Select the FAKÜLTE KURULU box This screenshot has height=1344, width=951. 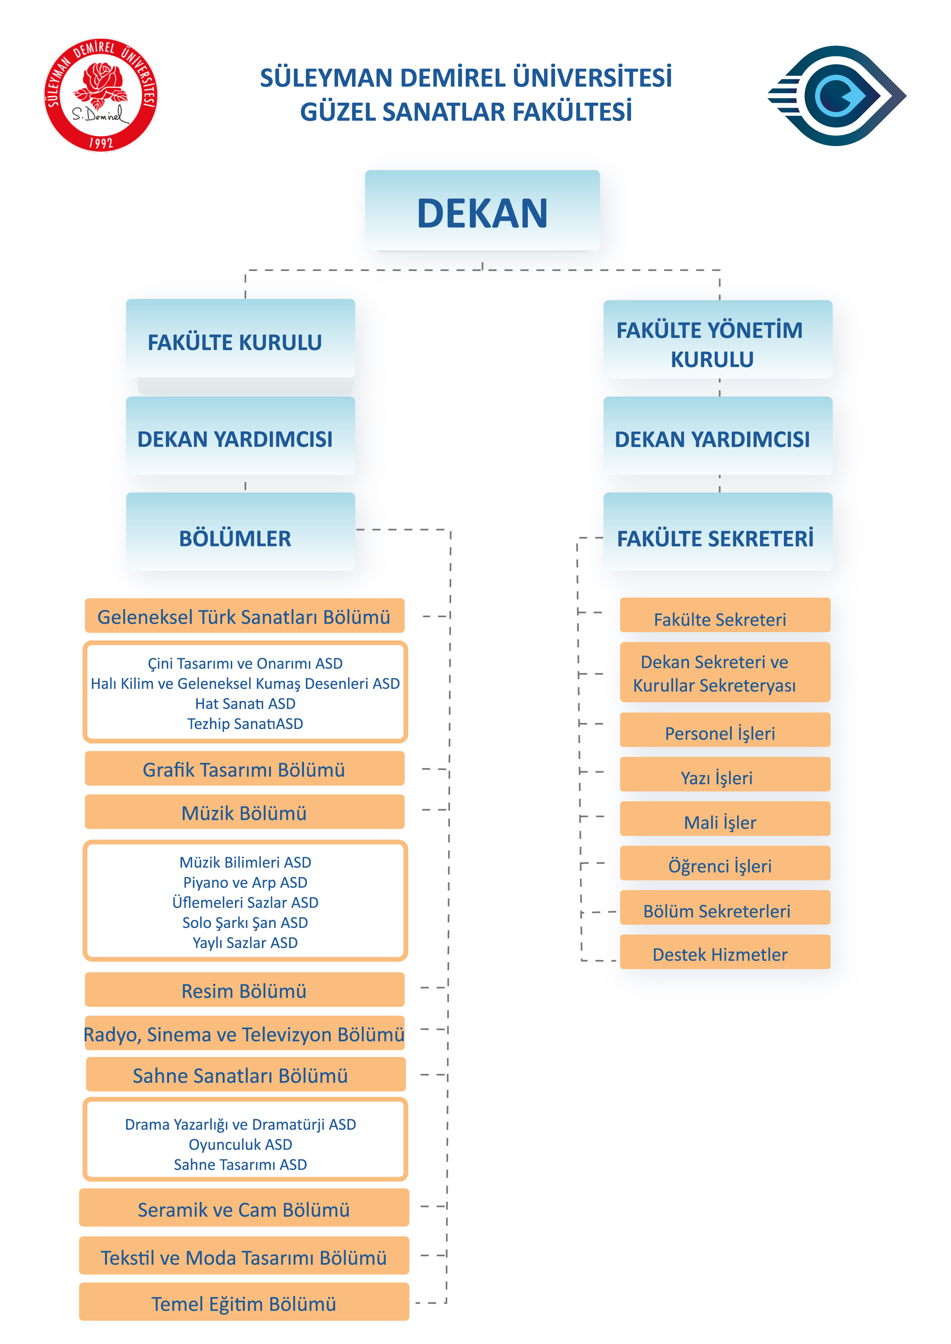point(240,339)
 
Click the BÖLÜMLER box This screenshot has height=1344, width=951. point(240,533)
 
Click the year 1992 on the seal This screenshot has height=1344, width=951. point(101,142)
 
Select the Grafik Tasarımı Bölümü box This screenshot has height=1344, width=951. point(244,769)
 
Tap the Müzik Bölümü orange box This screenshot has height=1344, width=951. point(244,812)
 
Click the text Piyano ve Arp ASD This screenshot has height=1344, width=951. point(245,882)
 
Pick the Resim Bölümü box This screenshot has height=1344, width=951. point(244,990)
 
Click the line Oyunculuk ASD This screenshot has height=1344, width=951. point(240,1144)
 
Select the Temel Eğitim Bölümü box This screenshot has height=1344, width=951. point(244,1303)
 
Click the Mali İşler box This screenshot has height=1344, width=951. point(724,820)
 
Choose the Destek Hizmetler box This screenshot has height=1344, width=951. point(724,953)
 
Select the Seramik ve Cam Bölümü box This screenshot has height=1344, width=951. point(244,1208)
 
